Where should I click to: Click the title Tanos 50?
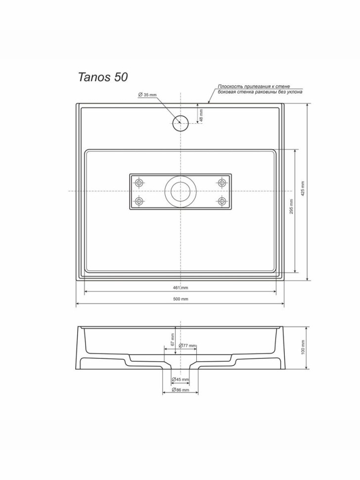pyautogui.click(x=103, y=77)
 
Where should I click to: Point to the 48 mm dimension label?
pyautogui.click(x=201, y=115)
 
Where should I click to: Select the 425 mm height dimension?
pyautogui.click(x=303, y=189)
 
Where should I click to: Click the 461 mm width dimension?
pyautogui.click(x=180, y=288)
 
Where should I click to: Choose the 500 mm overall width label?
pyautogui.click(x=180, y=299)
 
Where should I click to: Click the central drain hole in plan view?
pyautogui.click(x=180, y=191)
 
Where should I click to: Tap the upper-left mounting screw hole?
pyautogui.click(x=139, y=183)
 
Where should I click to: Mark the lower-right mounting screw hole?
pyautogui.click(x=222, y=201)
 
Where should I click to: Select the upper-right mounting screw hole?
pyautogui.click(x=222, y=183)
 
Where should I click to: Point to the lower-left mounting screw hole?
pyautogui.click(x=139, y=201)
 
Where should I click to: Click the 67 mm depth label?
pyautogui.click(x=173, y=339)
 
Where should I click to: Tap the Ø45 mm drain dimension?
pyautogui.click(x=180, y=380)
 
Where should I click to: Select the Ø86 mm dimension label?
pyautogui.click(x=180, y=390)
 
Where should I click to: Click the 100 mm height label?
pyautogui.click(x=303, y=347)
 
